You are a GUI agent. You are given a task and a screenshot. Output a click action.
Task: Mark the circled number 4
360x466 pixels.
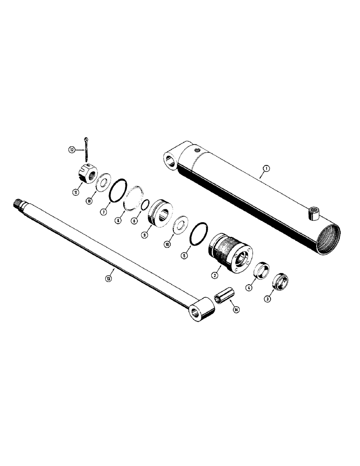[249, 288]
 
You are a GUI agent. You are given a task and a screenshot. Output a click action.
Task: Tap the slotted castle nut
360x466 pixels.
[86, 176]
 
